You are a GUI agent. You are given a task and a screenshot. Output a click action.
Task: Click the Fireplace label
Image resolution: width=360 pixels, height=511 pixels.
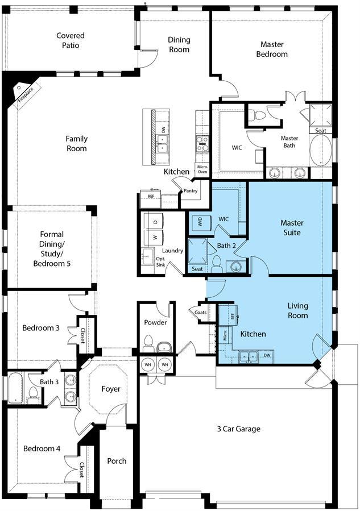pos(26,94)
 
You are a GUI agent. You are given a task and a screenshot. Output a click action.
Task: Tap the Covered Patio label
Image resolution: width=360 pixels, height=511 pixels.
pos(71,40)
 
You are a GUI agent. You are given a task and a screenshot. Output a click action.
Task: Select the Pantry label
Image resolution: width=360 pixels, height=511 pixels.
pos(191,190)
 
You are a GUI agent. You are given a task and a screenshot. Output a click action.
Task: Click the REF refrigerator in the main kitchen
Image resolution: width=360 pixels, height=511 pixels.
pos(151,199)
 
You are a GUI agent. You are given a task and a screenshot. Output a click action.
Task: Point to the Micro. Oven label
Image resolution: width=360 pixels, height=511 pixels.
pos(202,169)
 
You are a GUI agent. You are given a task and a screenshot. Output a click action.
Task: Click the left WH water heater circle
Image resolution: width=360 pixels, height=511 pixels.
pos(148,365)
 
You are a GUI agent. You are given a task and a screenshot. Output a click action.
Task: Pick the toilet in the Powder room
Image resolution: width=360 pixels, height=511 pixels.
pos(148,343)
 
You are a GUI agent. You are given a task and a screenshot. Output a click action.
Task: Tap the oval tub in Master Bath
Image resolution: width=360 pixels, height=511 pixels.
pos(321,151)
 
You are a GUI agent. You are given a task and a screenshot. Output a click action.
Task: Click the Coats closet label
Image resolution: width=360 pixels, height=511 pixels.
pos(201,312)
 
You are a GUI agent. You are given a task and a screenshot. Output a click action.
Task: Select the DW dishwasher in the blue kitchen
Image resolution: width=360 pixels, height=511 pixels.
pos(267,356)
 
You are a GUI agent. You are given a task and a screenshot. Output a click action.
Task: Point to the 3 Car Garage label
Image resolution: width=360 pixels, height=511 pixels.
pos(239,429)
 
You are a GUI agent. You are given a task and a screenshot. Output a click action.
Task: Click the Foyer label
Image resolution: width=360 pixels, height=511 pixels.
pos(111,389)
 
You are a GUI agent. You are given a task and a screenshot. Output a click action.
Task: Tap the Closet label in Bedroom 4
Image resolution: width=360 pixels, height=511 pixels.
pos(82,470)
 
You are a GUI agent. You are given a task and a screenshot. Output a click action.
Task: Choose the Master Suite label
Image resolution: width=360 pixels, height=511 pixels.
pos(292,227)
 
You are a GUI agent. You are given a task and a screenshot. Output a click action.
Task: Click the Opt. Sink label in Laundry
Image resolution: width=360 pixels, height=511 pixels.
pos(161,261)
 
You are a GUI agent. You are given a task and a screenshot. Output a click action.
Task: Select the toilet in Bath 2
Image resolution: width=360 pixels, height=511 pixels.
pos(216,264)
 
